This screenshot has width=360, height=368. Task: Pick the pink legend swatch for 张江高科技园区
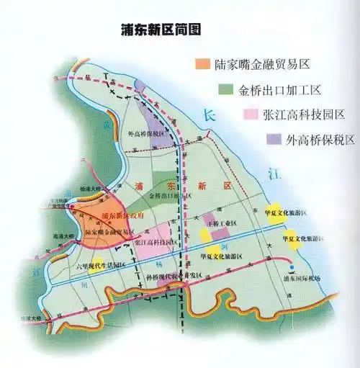251,114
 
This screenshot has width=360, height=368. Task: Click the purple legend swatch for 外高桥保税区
274,138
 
